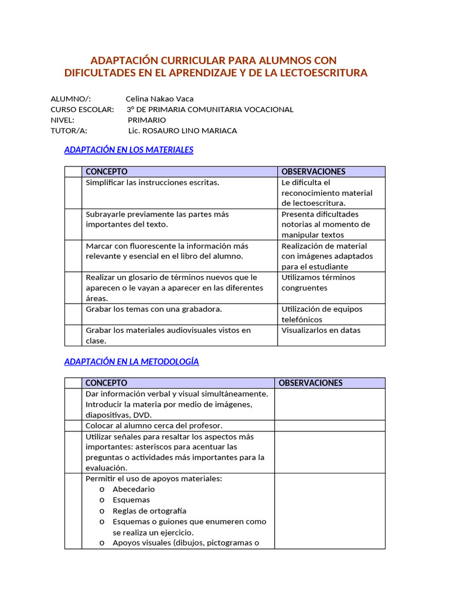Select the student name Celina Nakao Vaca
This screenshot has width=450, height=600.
click(159, 99)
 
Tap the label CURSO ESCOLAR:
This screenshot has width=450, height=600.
click(82, 110)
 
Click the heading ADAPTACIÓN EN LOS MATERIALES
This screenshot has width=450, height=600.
click(128, 150)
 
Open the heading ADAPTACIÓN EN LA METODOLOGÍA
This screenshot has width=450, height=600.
click(131, 362)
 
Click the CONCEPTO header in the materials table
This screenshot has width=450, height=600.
click(107, 172)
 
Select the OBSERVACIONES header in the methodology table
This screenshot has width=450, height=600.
click(311, 383)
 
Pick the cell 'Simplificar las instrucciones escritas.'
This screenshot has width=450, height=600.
click(152, 183)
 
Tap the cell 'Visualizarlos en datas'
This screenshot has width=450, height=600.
click(321, 330)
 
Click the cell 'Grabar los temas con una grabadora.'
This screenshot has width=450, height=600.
click(154, 309)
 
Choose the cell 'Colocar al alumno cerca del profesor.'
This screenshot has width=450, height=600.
click(154, 426)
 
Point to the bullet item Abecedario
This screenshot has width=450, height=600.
click(134, 489)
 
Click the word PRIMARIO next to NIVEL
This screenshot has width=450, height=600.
click(146, 120)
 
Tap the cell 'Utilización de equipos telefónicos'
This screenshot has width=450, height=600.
click(322, 314)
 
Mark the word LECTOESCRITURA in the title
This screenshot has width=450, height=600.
click(317, 73)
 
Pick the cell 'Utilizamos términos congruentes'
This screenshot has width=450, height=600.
click(318, 282)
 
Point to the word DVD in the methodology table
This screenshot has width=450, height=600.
click(143, 415)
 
